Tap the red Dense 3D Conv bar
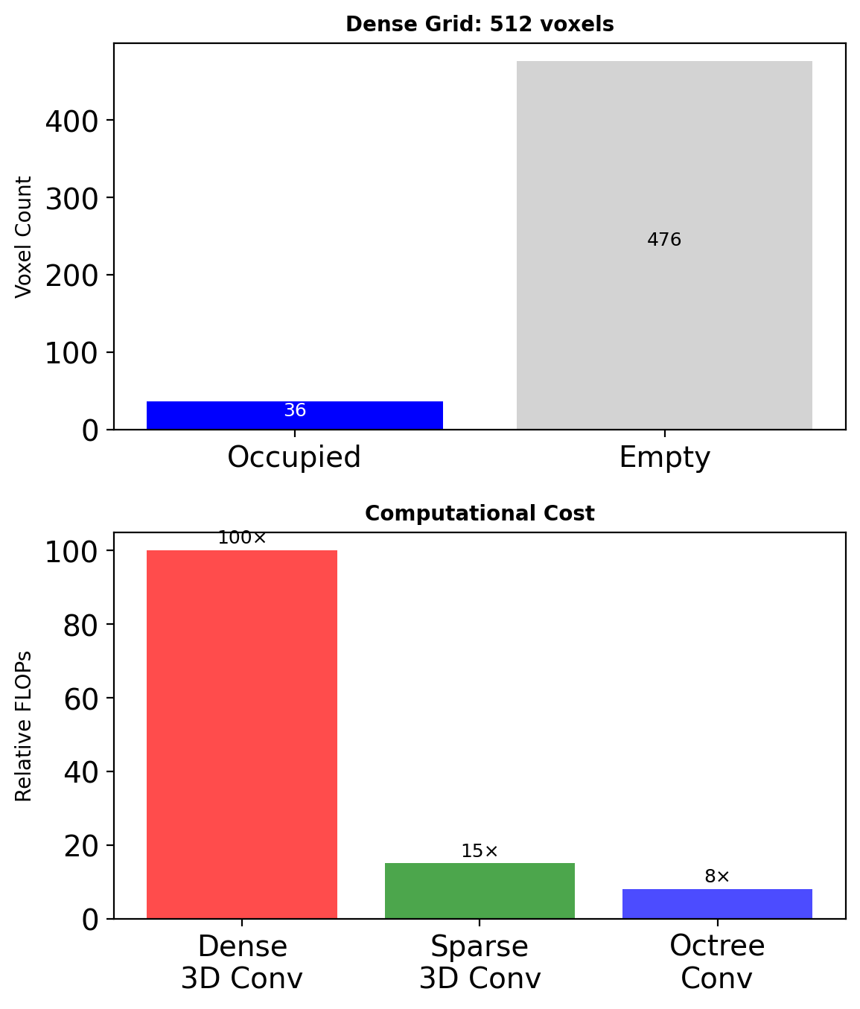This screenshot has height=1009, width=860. point(241,733)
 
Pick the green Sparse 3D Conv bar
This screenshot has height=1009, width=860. point(480,891)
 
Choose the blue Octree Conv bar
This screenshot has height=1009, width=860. point(717,903)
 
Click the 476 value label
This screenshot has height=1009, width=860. point(664,240)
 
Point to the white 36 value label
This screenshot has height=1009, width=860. point(295,410)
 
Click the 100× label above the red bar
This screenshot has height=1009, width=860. point(241,538)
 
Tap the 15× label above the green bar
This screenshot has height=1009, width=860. point(480,851)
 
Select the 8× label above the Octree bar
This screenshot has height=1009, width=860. point(717,877)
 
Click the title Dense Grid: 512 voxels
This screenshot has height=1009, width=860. point(480,25)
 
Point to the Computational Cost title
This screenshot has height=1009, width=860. point(480,514)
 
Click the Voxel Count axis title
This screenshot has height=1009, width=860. point(24,237)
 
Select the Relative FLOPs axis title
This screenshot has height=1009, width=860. point(24,726)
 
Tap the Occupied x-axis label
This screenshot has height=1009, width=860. point(294,457)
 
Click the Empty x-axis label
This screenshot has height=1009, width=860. point(664,457)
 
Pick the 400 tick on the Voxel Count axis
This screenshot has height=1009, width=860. point(71,121)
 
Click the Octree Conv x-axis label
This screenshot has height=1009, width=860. point(717,961)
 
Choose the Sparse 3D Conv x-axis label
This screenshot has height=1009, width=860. point(480,961)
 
